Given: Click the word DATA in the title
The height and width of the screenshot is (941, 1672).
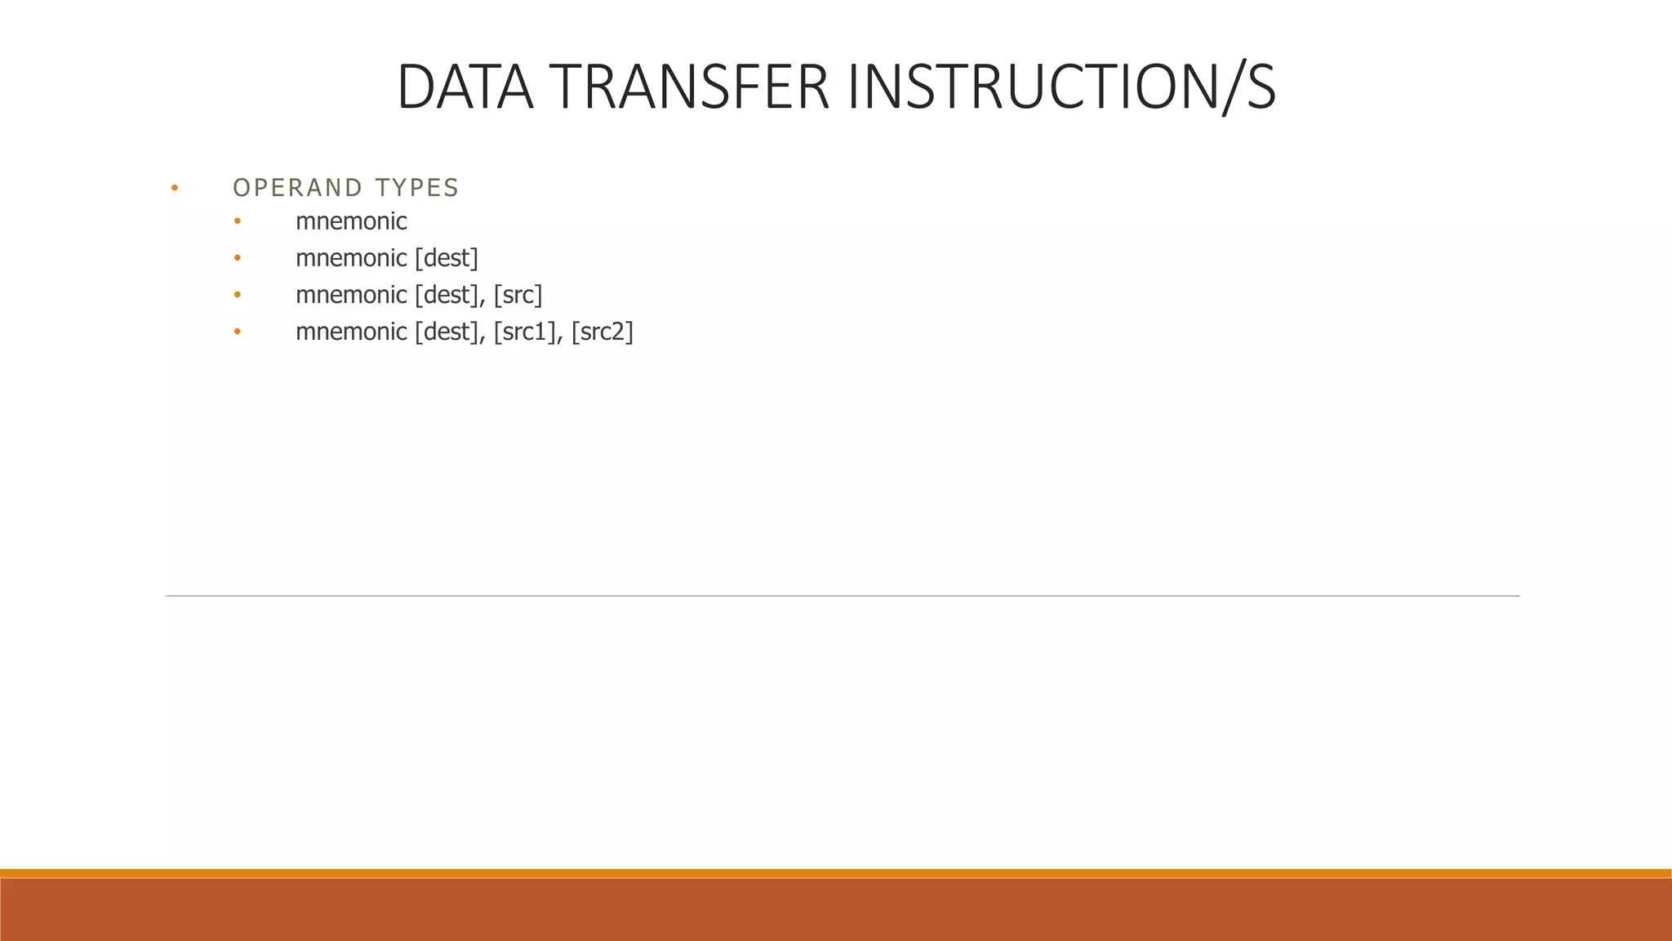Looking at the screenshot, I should (x=465, y=87).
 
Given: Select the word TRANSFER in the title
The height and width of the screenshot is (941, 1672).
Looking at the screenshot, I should (x=689, y=87).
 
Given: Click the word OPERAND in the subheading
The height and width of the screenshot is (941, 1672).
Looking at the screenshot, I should (x=298, y=188).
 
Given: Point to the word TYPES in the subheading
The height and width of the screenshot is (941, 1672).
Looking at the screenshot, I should (x=417, y=188).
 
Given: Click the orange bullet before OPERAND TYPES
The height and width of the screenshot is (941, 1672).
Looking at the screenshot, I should (x=175, y=189).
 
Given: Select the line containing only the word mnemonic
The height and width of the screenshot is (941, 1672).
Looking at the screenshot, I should (x=351, y=221).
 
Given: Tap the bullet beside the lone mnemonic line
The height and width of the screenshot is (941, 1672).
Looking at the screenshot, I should (x=238, y=221).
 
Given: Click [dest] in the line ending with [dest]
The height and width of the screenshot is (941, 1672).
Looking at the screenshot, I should (x=447, y=258).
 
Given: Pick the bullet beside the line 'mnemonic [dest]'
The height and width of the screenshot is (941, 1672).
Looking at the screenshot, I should (x=238, y=258).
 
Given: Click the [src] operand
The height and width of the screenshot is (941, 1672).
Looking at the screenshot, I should (x=518, y=295).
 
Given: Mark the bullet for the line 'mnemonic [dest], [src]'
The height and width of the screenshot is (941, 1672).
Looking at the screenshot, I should (x=238, y=295).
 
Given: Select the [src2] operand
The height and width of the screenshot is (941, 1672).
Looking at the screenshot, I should (x=603, y=332).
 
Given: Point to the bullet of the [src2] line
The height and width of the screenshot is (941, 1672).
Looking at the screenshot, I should (x=238, y=332).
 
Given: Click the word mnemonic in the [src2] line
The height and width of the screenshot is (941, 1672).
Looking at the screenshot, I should (x=351, y=332).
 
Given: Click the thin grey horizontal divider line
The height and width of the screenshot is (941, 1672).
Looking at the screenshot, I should (x=841, y=596).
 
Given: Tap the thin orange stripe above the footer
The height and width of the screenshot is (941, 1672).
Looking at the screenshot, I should (x=836, y=873).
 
